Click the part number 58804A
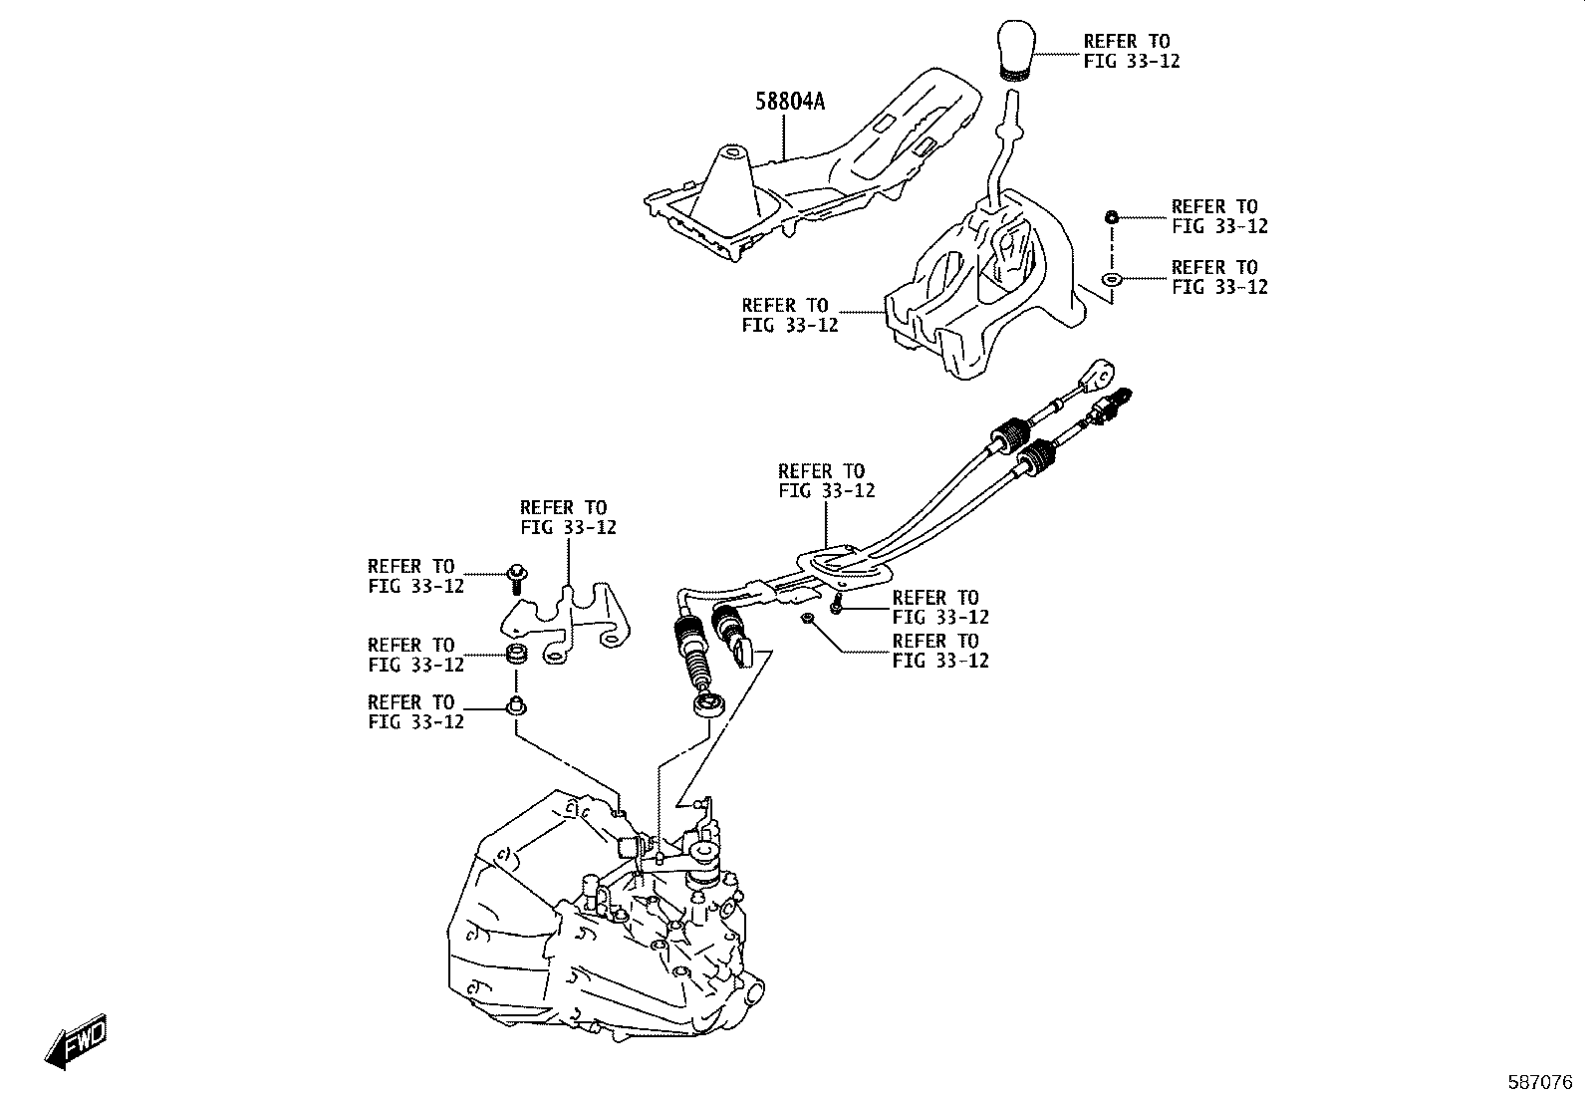click(x=791, y=102)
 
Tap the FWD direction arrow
click(x=75, y=1042)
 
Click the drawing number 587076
click(x=1538, y=1081)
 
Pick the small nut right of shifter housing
click(x=1113, y=216)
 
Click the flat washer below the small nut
click(x=1113, y=278)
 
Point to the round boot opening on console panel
click(x=732, y=152)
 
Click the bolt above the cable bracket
click(x=516, y=575)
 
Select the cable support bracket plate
click(x=568, y=623)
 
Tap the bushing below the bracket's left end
click(x=516, y=656)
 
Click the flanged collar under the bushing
click(x=515, y=708)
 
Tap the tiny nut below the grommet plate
click(x=808, y=620)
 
